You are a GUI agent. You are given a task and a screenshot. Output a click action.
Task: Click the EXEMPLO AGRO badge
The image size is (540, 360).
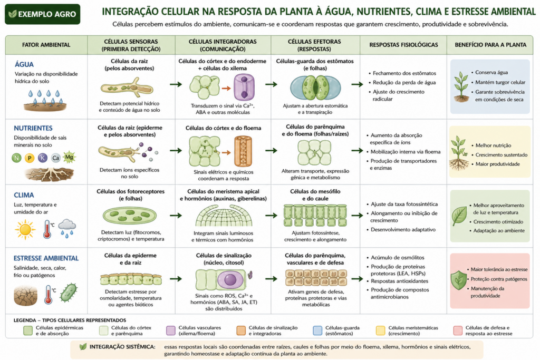point(42,14)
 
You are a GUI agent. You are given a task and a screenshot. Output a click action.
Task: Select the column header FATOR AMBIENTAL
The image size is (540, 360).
point(46,45)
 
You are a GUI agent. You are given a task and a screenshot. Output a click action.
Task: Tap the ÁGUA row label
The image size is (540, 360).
point(24,64)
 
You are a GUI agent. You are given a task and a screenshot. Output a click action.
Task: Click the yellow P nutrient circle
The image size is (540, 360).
point(30,158)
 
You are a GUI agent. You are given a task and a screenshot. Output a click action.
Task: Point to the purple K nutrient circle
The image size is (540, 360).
point(43,158)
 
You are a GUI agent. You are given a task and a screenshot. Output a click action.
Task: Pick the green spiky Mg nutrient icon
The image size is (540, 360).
point(69,157)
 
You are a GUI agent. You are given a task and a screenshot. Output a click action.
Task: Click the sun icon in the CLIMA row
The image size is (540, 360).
point(25,230)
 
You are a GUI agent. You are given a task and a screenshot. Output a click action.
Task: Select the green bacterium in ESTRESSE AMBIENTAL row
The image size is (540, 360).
point(69,293)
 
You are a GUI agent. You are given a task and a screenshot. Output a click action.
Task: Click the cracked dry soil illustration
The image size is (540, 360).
point(25,295)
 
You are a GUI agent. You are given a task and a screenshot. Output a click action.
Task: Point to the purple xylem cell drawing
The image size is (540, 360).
point(244,87)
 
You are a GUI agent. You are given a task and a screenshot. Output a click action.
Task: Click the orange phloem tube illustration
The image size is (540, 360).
point(243,151)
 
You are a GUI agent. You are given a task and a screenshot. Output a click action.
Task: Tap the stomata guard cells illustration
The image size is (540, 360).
point(315,88)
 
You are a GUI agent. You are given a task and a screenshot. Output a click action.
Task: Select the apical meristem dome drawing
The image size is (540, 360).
point(224,216)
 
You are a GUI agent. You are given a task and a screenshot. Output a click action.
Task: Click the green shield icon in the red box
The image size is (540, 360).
point(459,280)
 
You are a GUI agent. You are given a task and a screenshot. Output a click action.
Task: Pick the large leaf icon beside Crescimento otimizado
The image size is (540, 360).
point(459,216)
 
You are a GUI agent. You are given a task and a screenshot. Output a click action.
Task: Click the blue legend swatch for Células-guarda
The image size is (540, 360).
point(317,330)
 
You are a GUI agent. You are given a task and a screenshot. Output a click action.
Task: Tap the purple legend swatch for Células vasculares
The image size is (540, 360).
point(171,330)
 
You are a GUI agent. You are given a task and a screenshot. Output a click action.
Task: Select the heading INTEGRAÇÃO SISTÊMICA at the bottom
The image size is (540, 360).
point(122,347)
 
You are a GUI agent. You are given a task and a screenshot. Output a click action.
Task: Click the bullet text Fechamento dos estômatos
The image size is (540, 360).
point(404,73)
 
